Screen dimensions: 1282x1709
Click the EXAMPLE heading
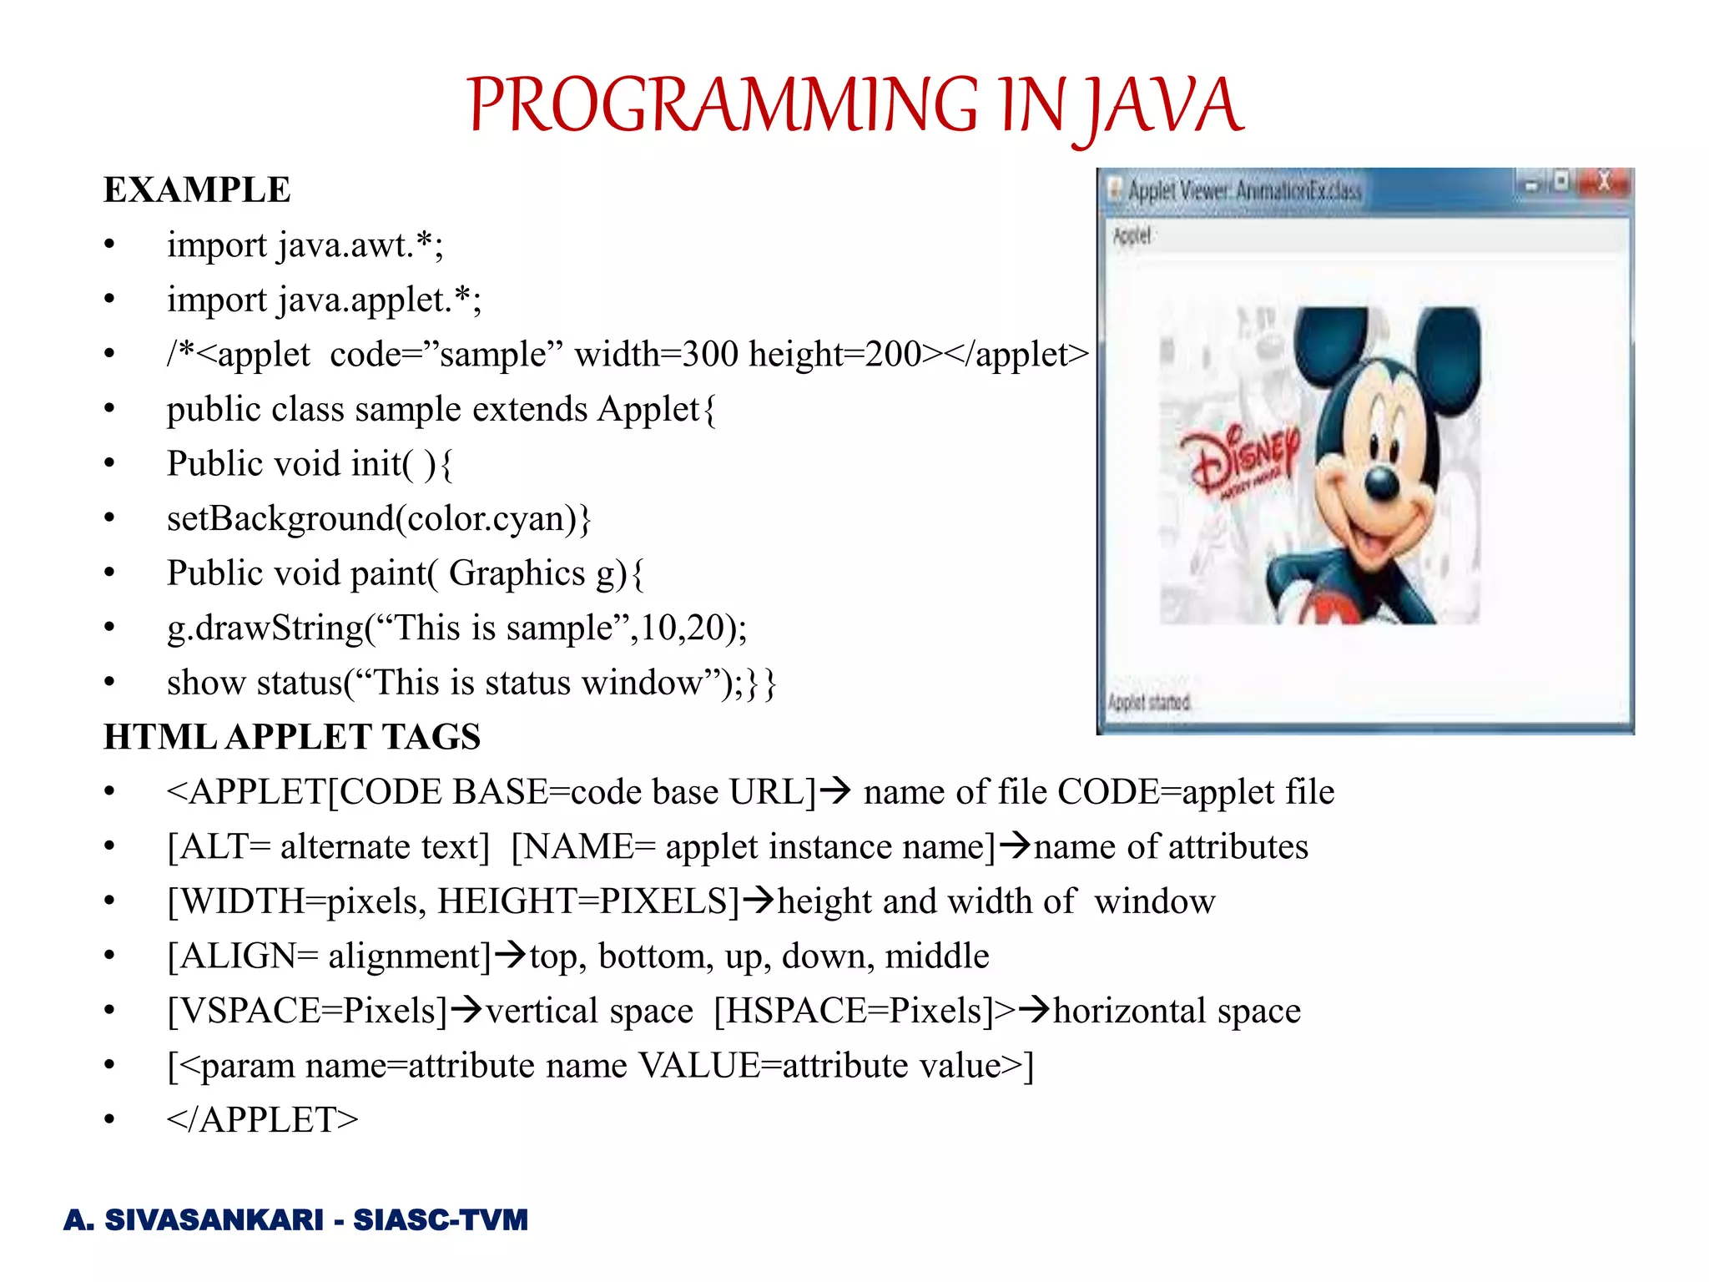pos(197,190)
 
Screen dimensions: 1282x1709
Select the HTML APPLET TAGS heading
pos(292,737)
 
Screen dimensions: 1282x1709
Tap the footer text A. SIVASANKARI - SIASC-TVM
pos(296,1219)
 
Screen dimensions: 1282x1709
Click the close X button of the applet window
pos(1603,182)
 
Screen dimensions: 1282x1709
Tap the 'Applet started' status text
pos(1149,703)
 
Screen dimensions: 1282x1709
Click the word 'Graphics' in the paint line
pos(517,573)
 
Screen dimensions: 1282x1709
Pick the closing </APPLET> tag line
pos(262,1119)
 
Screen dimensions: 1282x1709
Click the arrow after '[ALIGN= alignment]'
pos(510,954)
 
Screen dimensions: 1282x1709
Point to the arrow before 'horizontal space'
pos(1034,1010)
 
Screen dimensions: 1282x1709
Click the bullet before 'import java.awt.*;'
pos(109,245)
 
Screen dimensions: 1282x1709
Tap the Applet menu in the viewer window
pos(1132,236)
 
